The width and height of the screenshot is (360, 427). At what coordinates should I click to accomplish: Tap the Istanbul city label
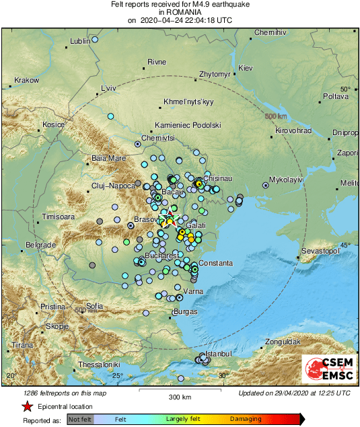pyautogui.click(x=218, y=353)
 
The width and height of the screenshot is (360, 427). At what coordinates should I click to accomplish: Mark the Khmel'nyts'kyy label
pyautogui.click(x=188, y=102)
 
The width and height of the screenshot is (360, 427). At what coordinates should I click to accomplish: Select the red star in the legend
pyautogui.click(x=27, y=406)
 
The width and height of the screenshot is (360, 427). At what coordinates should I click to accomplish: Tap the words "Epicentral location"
pyautogui.click(x=65, y=406)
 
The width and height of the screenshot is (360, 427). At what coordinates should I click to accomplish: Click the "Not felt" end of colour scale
pyautogui.click(x=80, y=419)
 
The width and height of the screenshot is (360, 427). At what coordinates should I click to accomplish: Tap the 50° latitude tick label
pyautogui.click(x=345, y=89)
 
